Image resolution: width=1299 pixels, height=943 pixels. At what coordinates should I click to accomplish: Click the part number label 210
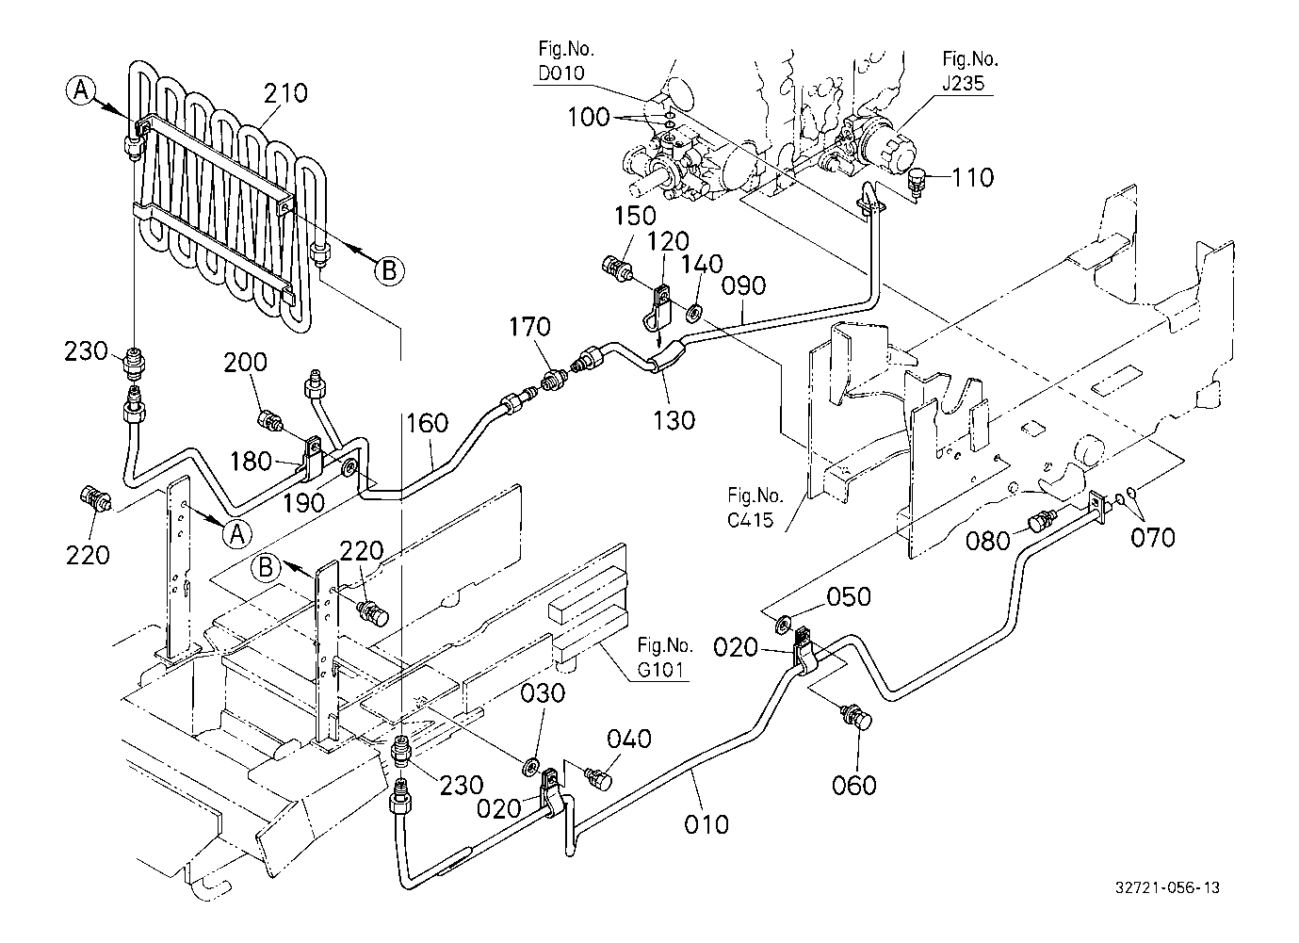[285, 93]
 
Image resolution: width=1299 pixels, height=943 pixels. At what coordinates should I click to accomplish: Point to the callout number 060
[854, 783]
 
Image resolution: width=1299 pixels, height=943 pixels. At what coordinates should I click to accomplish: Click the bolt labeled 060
[857, 719]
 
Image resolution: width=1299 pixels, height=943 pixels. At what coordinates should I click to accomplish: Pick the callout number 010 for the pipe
[706, 824]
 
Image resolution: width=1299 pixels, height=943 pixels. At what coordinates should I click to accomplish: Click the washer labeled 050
[784, 623]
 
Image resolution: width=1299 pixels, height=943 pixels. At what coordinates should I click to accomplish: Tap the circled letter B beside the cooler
[388, 270]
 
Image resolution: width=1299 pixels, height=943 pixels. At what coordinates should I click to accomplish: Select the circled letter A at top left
[82, 89]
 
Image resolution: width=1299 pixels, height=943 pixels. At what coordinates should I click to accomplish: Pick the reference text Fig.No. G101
[665, 658]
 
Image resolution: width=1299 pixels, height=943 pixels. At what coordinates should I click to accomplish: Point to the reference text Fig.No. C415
[755, 506]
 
